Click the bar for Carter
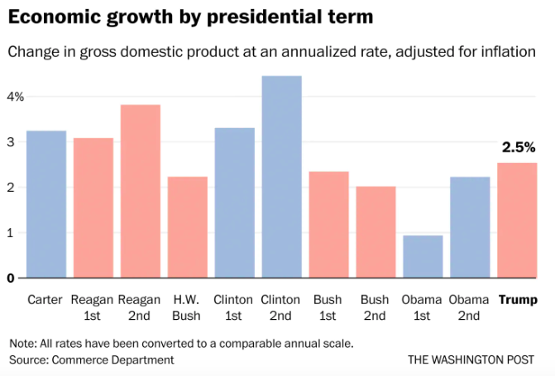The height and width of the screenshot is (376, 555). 46,204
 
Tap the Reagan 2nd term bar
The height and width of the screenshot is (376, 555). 140,191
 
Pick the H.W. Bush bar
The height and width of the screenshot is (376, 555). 187,227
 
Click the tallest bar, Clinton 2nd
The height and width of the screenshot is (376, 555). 281,177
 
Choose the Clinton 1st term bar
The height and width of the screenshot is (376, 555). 234,202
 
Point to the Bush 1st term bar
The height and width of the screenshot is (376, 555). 328,224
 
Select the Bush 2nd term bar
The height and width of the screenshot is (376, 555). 376,232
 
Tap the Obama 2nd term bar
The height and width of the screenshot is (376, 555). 470,227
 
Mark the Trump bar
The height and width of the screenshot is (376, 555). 517,220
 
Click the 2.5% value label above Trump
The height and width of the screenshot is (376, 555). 519,148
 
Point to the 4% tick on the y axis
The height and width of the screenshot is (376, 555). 16,97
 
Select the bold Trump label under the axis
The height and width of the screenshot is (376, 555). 517,299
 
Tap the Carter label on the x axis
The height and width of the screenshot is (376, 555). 45,299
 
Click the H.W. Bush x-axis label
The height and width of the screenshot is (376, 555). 187,307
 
